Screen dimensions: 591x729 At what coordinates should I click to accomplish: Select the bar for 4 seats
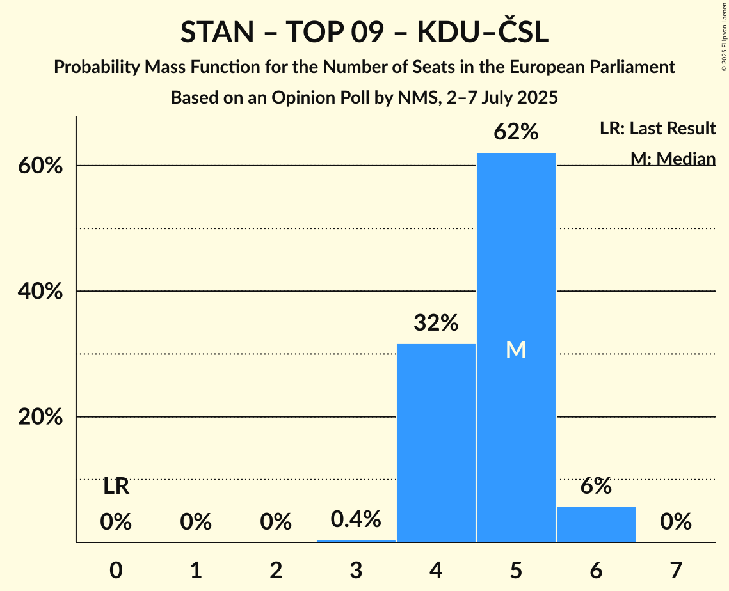point(436,443)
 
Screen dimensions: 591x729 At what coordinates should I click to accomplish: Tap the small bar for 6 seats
point(596,524)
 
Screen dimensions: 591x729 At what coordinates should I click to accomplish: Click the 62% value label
point(516,132)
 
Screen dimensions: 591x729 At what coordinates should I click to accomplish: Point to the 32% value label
point(436,323)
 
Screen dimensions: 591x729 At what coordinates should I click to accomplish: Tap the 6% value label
point(596,486)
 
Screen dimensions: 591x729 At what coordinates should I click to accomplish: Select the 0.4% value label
point(356,519)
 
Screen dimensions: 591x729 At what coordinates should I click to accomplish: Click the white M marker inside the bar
point(516,349)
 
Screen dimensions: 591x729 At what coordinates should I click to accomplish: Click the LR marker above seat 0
point(116,487)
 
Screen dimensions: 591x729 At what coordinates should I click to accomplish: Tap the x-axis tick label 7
point(676,570)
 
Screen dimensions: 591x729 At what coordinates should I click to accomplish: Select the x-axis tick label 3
point(356,570)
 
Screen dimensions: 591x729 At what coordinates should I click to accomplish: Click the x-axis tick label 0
point(116,570)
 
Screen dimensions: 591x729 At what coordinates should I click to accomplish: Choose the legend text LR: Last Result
point(657,129)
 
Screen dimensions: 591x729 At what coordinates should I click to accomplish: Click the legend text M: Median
point(673,159)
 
